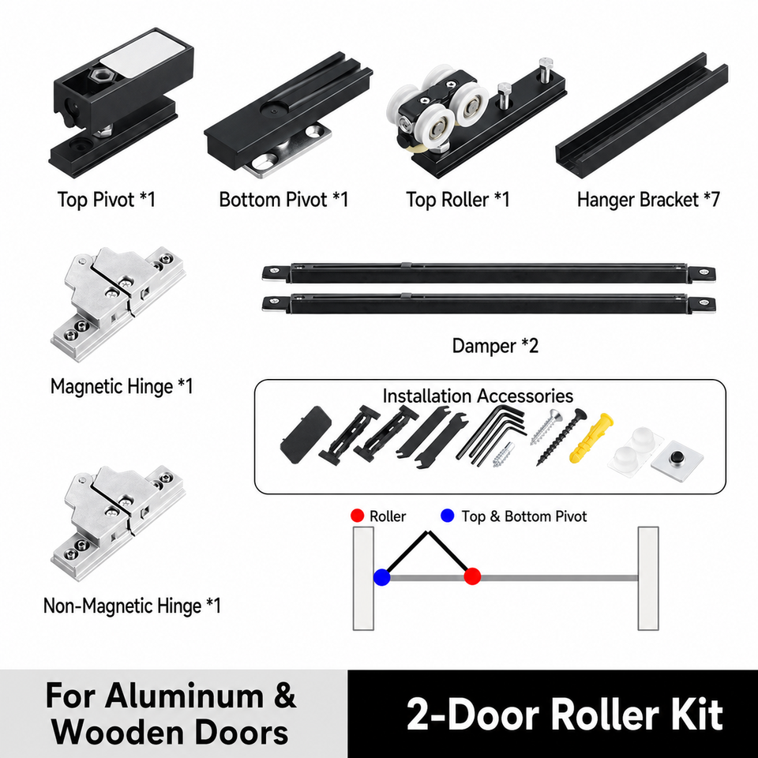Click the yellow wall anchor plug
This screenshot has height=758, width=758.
pyautogui.click(x=591, y=437)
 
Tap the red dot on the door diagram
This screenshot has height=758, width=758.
pyautogui.click(x=472, y=576)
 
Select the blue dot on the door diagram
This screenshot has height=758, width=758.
pyautogui.click(x=382, y=577)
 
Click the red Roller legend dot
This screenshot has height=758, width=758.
pyautogui.click(x=357, y=516)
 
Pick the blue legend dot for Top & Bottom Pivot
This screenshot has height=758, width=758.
pyautogui.click(x=448, y=516)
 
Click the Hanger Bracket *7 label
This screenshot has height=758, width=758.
pyautogui.click(x=649, y=200)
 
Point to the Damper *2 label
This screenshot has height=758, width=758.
pyautogui.click(x=495, y=346)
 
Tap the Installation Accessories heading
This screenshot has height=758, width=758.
pyautogui.click(x=478, y=396)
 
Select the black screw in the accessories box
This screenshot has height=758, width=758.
pyautogui.click(x=561, y=437)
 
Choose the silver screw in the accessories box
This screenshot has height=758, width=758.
pyautogui.click(x=546, y=426)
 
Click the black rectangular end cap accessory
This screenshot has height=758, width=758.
pyautogui.click(x=306, y=434)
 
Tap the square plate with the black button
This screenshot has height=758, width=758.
pyautogui.click(x=677, y=460)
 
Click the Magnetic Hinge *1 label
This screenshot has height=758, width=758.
pyautogui.click(x=122, y=386)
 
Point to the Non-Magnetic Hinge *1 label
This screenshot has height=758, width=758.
pyautogui.click(x=132, y=606)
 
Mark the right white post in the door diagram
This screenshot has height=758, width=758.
pyautogui.click(x=648, y=578)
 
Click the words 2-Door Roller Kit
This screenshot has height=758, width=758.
pyautogui.click(x=565, y=715)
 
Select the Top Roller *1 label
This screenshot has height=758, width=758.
pyautogui.click(x=458, y=200)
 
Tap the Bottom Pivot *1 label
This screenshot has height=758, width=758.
pyautogui.click(x=283, y=200)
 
